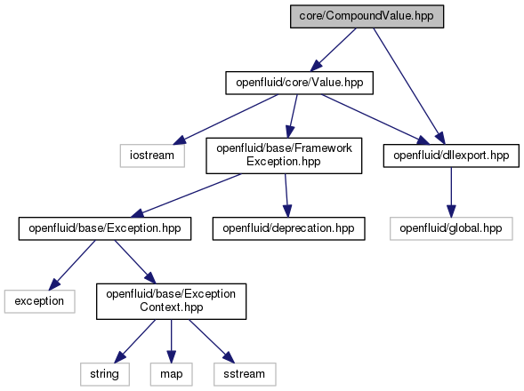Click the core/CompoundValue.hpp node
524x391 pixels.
pos(367,16)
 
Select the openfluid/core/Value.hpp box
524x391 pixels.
pos(300,83)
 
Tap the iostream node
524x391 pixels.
pos(152,156)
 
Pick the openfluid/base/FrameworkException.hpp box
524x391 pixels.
pos(284,156)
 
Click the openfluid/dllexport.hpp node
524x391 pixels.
pos(451,156)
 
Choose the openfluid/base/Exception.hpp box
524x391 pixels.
pos(105,228)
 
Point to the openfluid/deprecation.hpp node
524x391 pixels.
pos(289,228)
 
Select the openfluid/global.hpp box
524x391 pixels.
pos(451,228)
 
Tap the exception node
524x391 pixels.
pos(39,301)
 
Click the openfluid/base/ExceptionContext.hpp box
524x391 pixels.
pos(172,301)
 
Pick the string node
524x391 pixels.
pos(105,374)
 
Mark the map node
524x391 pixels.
pos(172,374)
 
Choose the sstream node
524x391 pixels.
pos(245,374)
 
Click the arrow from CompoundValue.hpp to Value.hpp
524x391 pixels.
pos(334,50)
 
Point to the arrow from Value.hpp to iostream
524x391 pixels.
pos(225,120)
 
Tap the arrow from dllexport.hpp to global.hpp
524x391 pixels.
pos(451,192)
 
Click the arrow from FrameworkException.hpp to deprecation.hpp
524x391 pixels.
pos(286,195)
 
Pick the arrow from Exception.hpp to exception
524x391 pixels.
pos(72,265)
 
